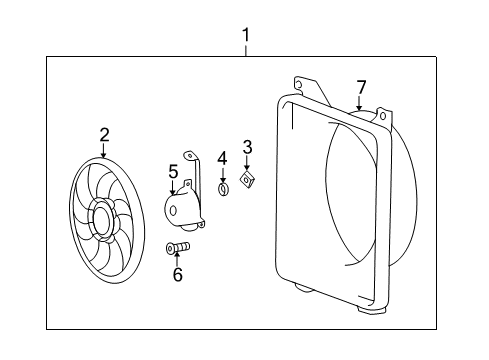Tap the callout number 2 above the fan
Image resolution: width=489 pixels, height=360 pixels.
pos(103,134)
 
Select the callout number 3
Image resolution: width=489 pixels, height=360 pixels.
pos(247,148)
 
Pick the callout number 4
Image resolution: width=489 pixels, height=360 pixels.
pos(223,157)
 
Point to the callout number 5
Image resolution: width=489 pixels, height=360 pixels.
pos(173,172)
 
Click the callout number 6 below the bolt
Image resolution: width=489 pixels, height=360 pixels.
pos(178,274)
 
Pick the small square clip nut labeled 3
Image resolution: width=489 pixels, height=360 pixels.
pos(246,180)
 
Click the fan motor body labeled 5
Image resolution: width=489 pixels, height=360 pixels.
pos(181,208)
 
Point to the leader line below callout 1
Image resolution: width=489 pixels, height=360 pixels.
pos(245,51)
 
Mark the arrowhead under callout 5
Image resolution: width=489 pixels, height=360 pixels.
pos(174,190)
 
